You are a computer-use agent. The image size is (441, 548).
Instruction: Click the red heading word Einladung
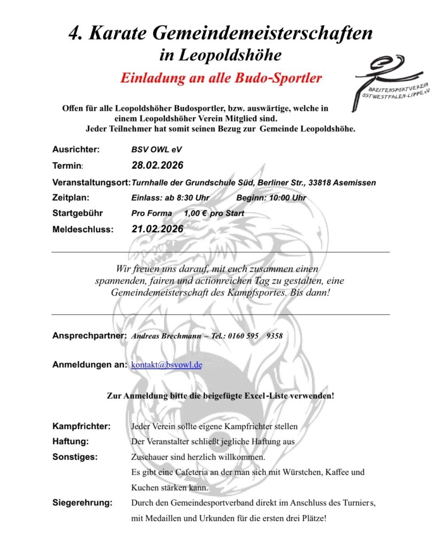click(x=151, y=78)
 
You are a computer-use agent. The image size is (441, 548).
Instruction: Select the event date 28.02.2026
click(x=157, y=165)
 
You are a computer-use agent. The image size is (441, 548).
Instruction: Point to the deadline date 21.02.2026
click(x=157, y=229)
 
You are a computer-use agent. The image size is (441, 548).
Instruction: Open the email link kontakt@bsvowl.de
click(x=166, y=365)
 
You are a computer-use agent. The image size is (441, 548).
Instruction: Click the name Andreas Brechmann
click(x=165, y=336)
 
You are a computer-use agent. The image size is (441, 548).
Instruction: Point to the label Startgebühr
click(x=78, y=213)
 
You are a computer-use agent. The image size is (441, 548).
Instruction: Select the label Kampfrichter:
click(x=81, y=427)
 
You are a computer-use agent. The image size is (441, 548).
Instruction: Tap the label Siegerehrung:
click(x=82, y=503)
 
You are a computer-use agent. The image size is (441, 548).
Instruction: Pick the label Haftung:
click(x=70, y=442)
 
